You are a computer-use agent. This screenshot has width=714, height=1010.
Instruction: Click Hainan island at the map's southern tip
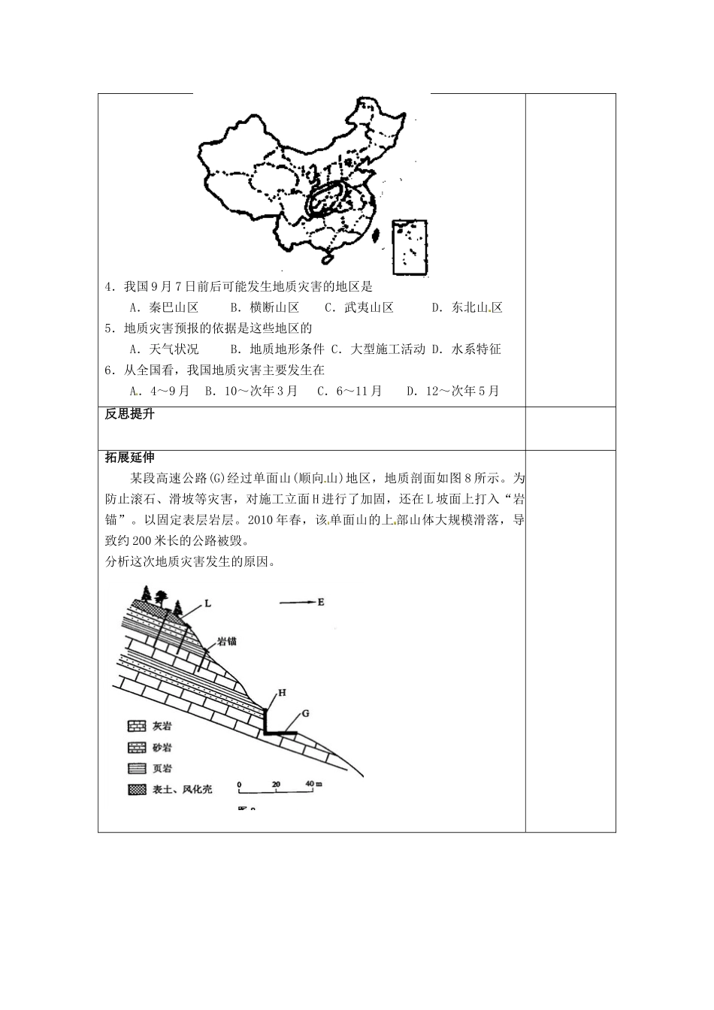327,259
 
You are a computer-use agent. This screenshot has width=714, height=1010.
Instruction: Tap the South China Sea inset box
410,247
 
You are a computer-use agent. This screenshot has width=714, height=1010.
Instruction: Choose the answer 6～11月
358,391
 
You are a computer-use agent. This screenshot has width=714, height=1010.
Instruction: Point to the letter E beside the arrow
320,601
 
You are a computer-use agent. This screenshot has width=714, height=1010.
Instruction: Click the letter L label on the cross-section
207,603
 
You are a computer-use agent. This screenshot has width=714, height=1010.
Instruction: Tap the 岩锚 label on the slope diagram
227,641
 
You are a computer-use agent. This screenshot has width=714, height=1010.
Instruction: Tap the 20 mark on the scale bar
276,784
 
